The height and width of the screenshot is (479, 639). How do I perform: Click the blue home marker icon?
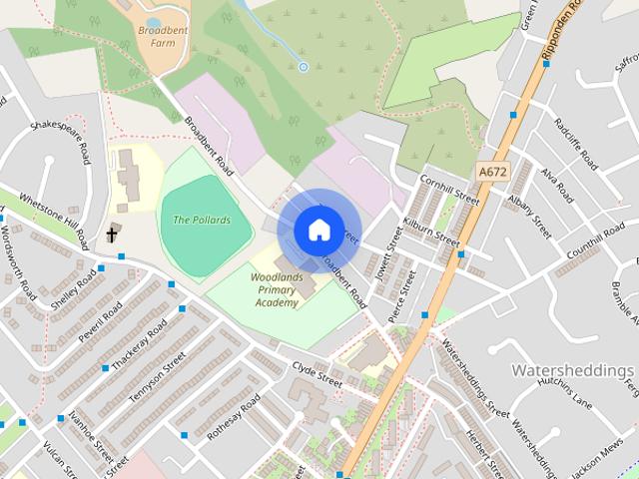(x=318, y=230)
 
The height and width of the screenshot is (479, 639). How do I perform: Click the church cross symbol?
(x=112, y=235)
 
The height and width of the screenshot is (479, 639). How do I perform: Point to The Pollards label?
(x=202, y=220)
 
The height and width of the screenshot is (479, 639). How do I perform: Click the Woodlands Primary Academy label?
(x=276, y=289)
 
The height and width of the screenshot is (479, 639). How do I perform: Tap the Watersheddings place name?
(x=572, y=370)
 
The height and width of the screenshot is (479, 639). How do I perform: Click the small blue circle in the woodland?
(x=304, y=67)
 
